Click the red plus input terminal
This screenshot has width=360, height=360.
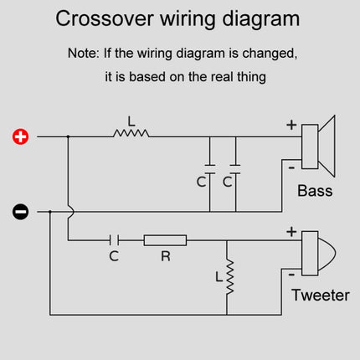click(x=21, y=136)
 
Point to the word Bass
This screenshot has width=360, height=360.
click(x=315, y=191)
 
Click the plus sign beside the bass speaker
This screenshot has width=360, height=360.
click(x=291, y=126)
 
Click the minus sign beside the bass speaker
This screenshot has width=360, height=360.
click(x=291, y=166)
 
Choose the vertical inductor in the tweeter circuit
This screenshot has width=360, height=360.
click(x=227, y=276)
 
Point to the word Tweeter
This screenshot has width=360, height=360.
click(x=321, y=296)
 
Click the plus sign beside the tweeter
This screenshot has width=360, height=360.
click(x=291, y=231)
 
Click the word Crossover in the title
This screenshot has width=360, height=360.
click(x=105, y=18)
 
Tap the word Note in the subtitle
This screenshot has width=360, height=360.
click(x=83, y=53)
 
